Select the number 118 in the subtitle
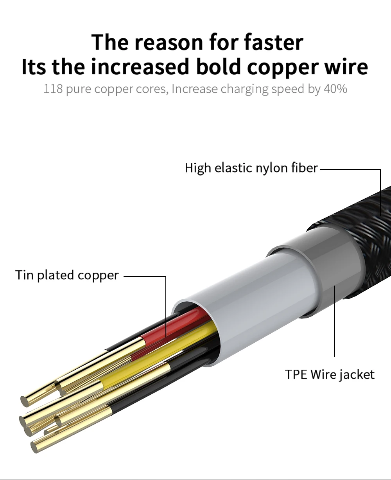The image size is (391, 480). (53, 89)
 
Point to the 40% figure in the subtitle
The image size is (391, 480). (335, 89)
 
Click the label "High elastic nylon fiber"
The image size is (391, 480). (251, 168)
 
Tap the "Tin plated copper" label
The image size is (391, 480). (67, 275)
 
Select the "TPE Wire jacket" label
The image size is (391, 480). (330, 374)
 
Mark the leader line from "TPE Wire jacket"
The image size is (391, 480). (334, 321)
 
